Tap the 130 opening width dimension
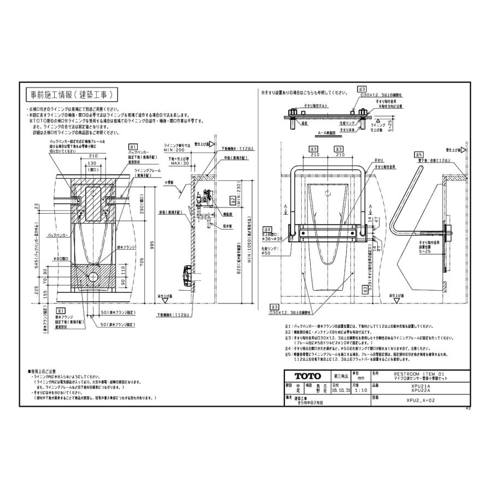91,162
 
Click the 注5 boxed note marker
288,354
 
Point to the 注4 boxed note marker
267,229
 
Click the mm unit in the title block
360,378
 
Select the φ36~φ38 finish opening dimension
272,239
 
